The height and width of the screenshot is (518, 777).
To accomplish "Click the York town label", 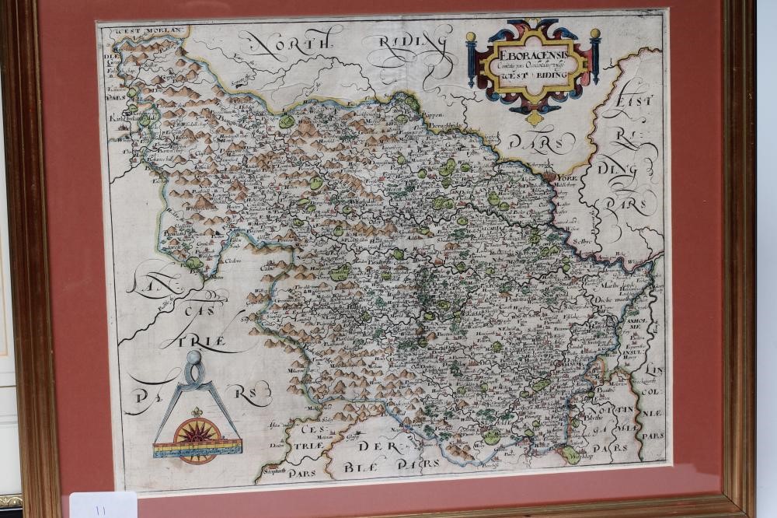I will pos(566,177).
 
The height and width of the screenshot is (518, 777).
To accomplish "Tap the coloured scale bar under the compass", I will pos(198,448).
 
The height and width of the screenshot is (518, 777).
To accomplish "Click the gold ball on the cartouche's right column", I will pos(594,34).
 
